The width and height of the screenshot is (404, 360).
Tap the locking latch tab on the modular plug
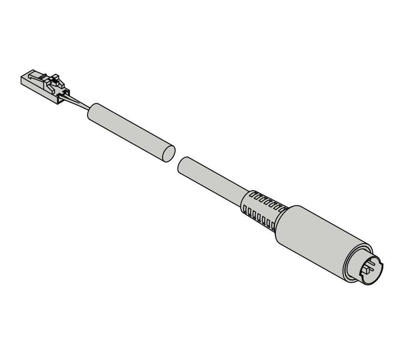[55, 80]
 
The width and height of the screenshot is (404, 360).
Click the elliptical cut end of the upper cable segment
[169, 153]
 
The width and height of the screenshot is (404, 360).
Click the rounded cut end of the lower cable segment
[182, 165]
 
